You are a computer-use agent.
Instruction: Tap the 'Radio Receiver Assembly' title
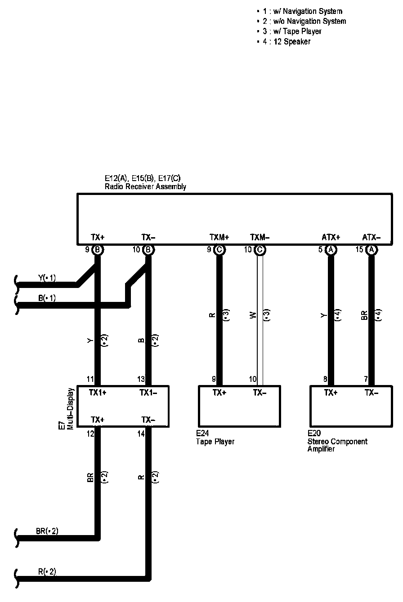point(145,186)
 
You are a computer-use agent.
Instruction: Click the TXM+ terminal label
point(219,237)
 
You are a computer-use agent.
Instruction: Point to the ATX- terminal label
point(372,237)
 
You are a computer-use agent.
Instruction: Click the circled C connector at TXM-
point(260,250)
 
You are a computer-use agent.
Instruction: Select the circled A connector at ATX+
point(331,250)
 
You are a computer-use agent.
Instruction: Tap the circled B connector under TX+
point(98,250)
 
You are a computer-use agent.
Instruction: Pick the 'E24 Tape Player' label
point(215,438)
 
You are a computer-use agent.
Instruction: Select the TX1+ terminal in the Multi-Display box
point(98,393)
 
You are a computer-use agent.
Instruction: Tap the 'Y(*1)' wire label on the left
point(47,278)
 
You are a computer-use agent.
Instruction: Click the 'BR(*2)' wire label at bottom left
point(47,531)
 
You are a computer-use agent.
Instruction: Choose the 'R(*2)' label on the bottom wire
point(47,572)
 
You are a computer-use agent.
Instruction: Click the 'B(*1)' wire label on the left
point(47,298)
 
